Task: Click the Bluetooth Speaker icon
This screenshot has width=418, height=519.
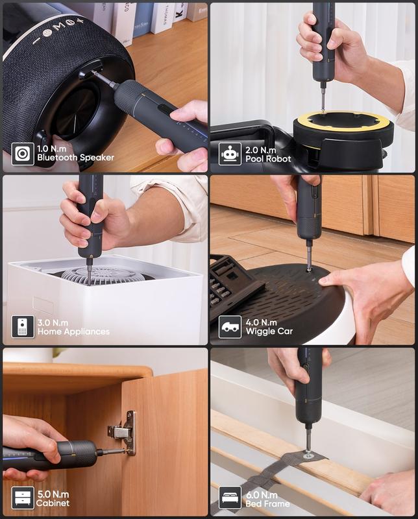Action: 23,154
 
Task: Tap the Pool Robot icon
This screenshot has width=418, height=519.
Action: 230,154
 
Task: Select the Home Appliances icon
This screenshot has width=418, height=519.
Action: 23,326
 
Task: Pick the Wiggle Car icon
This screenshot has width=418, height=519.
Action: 230,326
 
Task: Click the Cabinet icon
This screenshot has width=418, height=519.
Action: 23,498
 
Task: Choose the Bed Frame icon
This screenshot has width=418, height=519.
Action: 230,498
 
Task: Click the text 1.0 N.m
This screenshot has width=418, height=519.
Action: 53,149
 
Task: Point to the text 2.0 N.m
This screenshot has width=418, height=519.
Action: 260,149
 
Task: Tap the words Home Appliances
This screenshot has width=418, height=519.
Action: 73,332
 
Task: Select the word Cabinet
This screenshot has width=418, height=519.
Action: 53,503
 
